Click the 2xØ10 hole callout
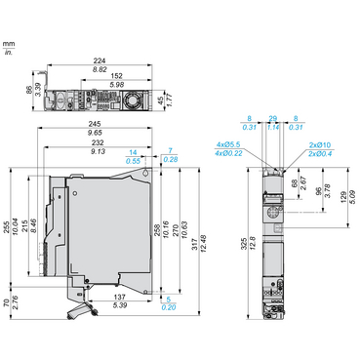pyautogui.click(x=318, y=145)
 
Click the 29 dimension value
pyautogui.click(x=274, y=117)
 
